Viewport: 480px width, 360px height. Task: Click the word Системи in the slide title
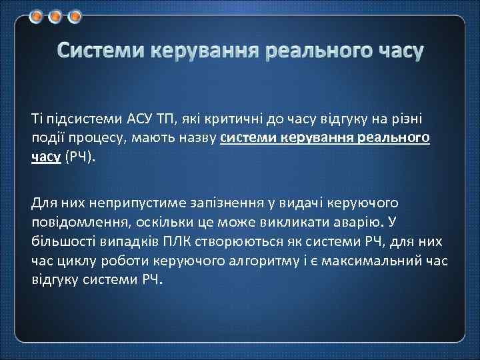point(100,51)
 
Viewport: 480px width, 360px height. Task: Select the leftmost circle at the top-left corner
point(37,15)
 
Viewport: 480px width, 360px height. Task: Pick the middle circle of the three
point(56,15)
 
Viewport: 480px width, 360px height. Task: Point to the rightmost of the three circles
point(75,15)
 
